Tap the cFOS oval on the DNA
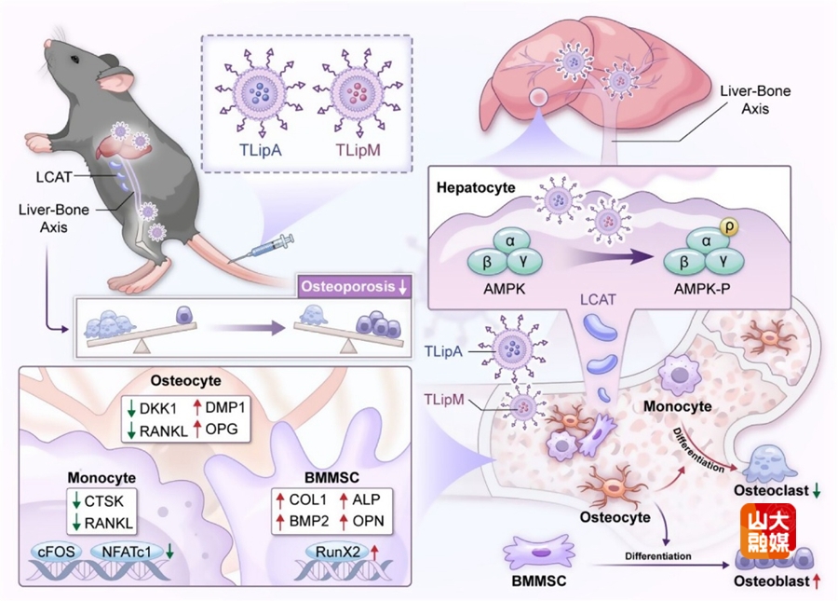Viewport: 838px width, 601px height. [x=60, y=551]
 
